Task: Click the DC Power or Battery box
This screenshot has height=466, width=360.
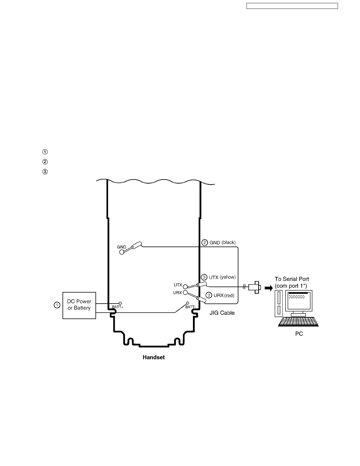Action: click(79, 305)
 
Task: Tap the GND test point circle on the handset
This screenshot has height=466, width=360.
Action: click(122, 252)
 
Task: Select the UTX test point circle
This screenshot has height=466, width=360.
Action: click(185, 287)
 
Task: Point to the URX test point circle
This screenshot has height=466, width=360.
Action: click(185, 293)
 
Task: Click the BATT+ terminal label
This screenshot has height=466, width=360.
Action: click(118, 307)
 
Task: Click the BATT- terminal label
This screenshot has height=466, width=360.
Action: click(190, 307)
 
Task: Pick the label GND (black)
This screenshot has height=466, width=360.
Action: click(222, 243)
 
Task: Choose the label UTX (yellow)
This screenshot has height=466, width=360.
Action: click(222, 277)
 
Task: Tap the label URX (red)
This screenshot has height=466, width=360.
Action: click(224, 295)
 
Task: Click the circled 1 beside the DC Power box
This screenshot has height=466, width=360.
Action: click(57, 305)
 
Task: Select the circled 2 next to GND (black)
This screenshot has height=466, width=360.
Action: click(205, 243)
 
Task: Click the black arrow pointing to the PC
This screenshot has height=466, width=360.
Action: click(269, 288)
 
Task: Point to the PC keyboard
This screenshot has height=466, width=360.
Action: click(298, 322)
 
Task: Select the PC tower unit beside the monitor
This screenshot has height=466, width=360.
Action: click(278, 303)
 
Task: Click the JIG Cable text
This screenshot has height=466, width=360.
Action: click(222, 313)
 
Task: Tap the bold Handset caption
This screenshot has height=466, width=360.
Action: click(154, 357)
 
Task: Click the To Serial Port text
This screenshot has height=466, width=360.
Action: click(292, 279)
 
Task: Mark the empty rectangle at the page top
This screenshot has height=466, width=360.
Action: click(292, 6)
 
